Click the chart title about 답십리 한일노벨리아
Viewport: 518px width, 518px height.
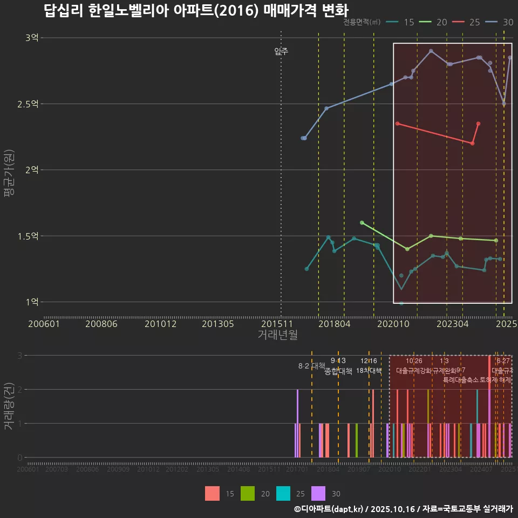[196, 11]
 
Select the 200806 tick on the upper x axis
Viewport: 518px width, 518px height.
[101, 324]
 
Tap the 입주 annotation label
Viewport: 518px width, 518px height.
[281, 52]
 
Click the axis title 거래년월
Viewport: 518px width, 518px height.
[277, 335]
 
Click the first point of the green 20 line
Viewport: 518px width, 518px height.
[362, 222]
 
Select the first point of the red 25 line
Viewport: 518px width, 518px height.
[397, 124]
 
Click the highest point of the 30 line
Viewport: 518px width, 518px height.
[431, 51]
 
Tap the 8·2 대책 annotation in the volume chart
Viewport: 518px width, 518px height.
[308, 366]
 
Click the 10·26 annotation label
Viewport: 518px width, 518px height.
[414, 361]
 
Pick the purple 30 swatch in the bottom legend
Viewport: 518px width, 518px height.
[319, 493]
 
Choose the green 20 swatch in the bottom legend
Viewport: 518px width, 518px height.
[248, 493]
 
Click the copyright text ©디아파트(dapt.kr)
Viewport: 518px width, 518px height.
[329, 509]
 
